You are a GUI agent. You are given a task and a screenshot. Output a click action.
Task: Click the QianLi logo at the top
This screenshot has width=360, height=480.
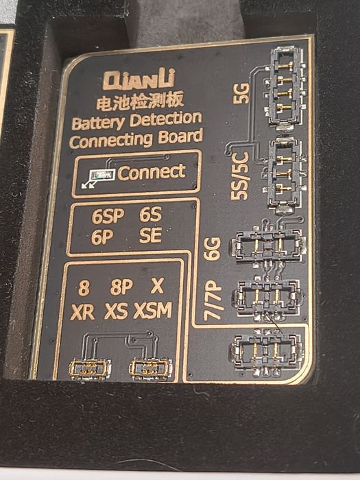tap(139, 79)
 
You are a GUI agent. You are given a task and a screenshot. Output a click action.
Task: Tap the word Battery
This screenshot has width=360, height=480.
tap(97, 123)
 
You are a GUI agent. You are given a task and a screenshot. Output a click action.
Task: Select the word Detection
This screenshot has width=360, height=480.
tap(166, 119)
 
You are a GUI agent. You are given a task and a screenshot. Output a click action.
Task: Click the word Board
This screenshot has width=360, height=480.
tap(180, 137)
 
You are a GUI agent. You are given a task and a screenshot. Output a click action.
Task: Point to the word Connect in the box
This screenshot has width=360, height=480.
tap(152, 172)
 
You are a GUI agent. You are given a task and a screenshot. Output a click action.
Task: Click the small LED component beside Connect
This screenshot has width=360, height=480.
tap(102, 175)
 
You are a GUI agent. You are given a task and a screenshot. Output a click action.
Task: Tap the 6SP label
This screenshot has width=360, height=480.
tap(108, 216)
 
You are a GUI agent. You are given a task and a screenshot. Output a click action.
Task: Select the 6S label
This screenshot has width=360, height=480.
tap(150, 214)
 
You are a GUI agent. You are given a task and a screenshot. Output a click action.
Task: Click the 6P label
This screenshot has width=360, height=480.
tap(102, 237)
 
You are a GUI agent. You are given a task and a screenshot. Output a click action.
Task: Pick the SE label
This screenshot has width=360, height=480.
tap(150, 235)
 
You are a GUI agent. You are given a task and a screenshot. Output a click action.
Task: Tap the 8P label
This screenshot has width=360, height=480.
tap(121, 287)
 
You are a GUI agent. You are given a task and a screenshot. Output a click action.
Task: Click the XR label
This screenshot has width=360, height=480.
tap(82, 312)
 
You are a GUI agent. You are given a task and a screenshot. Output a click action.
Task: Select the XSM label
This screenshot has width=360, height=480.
tap(153, 311)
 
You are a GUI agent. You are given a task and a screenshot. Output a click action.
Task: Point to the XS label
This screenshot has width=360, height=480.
tap(116, 311)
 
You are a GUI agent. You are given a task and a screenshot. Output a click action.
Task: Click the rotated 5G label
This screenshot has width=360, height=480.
tap(241, 93)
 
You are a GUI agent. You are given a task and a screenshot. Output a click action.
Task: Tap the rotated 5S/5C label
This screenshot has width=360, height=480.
tap(239, 176)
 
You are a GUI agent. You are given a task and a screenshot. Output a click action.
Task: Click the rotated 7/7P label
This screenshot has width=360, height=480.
tap(213, 300)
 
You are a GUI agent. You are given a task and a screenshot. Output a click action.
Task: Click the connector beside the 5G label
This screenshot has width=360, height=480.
tap(287, 88)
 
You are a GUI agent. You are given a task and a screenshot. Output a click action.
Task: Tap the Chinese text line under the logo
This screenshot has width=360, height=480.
tap(140, 100)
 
